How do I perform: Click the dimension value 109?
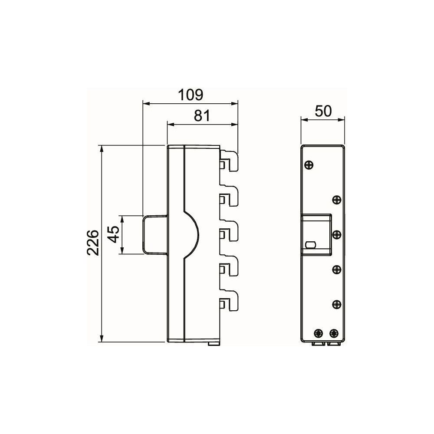point(191,95)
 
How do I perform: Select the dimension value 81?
point(202,115)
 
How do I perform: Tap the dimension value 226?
point(92,242)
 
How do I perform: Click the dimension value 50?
point(323,111)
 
